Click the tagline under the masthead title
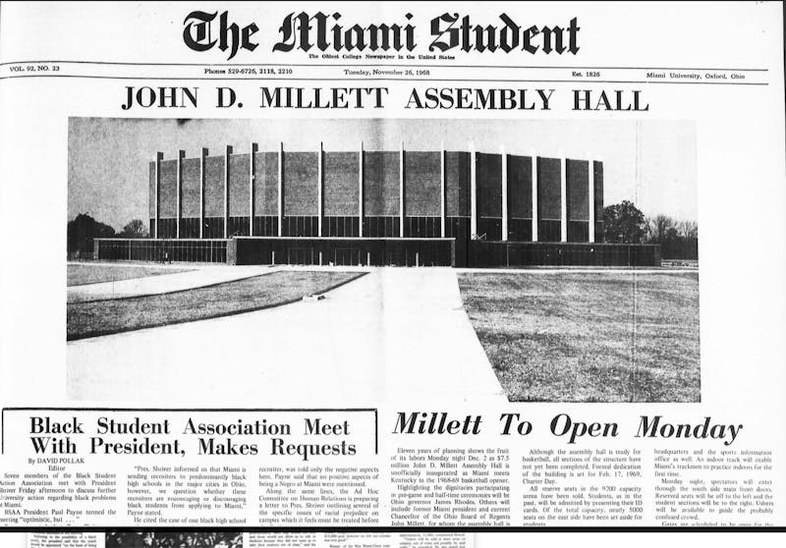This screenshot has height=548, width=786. [381, 56]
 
